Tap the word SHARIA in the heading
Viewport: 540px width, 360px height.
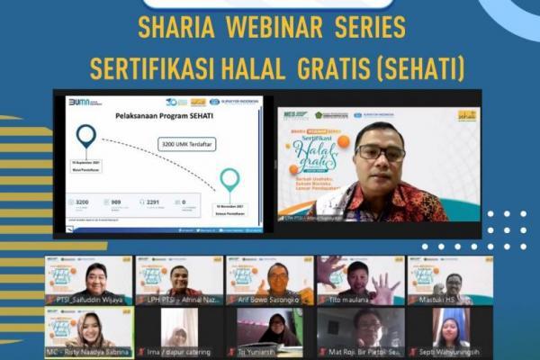[176, 27]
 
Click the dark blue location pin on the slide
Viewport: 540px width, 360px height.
[86, 138]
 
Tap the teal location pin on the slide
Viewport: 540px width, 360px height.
[229, 179]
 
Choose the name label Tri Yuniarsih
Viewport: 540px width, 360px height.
[261, 352]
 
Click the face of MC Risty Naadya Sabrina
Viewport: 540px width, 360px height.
[92, 326]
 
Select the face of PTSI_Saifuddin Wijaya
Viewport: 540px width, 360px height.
[94, 278]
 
